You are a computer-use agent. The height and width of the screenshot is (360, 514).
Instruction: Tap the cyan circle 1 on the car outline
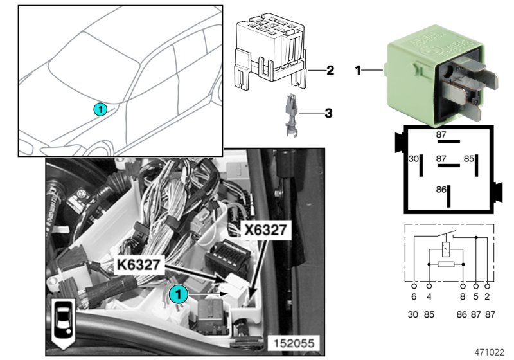101,109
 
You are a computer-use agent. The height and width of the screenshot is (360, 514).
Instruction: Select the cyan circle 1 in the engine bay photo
179,294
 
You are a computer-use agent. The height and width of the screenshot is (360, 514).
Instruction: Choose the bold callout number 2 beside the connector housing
330,70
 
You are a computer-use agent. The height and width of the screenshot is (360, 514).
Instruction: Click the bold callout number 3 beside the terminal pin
328,114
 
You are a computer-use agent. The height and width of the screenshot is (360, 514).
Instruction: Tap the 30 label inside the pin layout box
414,158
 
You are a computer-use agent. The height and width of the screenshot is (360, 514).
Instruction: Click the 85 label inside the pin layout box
470,158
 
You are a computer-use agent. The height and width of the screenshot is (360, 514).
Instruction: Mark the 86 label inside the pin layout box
441,190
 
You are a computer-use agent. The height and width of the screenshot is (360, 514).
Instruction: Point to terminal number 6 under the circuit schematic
413,298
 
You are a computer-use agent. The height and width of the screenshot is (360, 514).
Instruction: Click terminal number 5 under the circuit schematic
476,298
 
